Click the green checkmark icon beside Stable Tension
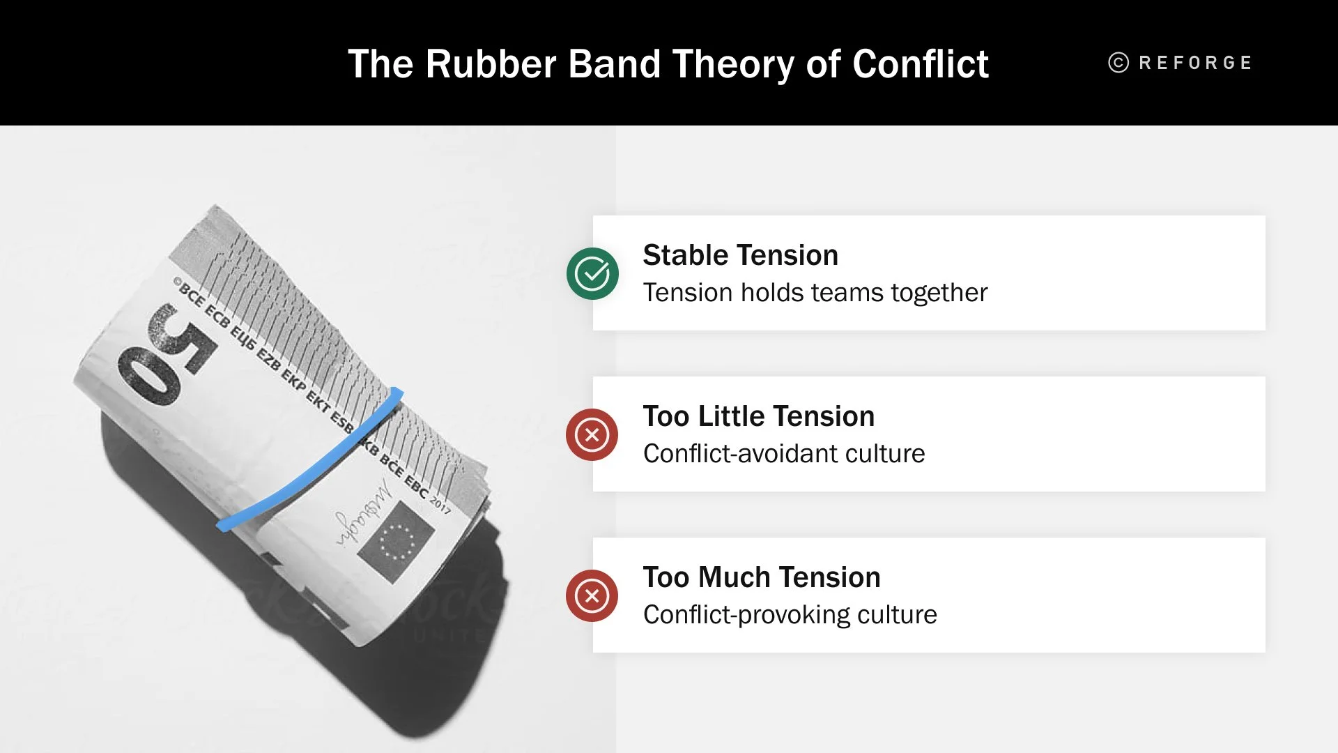click(592, 273)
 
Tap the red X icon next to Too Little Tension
click(592, 435)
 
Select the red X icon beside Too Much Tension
click(592, 596)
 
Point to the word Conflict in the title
click(920, 64)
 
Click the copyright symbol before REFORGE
click(1118, 63)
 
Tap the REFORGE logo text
click(1195, 63)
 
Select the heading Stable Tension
click(740, 255)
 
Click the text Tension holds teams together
click(815, 293)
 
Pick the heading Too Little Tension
click(758, 416)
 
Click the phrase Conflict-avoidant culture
click(783, 454)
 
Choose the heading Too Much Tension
click(761, 577)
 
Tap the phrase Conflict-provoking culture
click(790, 615)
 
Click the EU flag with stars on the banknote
click(396, 541)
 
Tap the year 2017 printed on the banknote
click(440, 503)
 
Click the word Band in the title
click(614, 64)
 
